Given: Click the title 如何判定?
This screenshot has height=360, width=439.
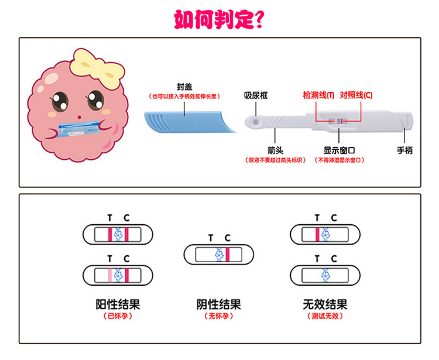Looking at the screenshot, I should [x=219, y=19].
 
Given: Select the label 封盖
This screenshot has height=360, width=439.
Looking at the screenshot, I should [x=185, y=85].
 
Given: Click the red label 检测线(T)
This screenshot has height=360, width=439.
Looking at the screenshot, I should [x=318, y=95].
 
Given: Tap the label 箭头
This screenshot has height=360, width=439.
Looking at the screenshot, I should [x=276, y=150].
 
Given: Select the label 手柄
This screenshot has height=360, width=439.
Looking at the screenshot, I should [x=404, y=150].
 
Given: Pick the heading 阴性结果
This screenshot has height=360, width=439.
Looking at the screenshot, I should [x=218, y=304].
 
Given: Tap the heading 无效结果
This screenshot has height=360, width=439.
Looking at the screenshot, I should [x=325, y=304].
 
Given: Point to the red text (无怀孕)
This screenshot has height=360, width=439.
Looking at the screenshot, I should [x=218, y=316].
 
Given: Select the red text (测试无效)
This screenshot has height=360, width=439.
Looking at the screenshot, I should [x=325, y=316].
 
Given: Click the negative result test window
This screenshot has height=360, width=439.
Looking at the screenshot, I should [x=219, y=255].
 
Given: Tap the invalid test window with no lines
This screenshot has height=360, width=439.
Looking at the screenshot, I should [x=325, y=274].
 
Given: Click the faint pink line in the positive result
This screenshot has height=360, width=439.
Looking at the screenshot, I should [x=109, y=274].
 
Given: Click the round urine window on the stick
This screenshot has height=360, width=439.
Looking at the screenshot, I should [x=256, y=122].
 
